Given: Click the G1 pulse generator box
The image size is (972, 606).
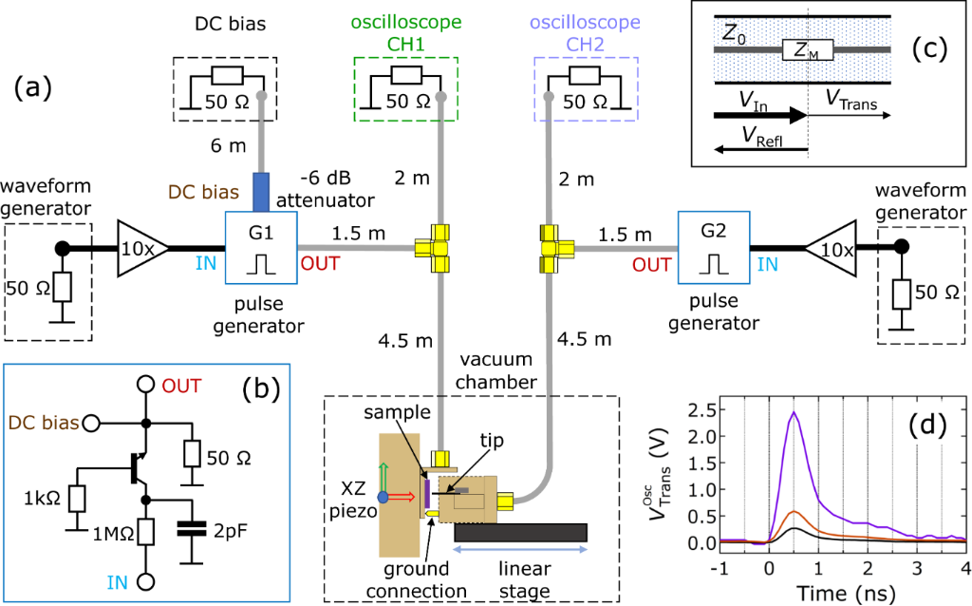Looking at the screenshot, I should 260,248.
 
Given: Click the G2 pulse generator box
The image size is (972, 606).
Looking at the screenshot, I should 713,248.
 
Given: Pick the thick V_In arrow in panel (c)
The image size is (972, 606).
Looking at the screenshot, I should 759,114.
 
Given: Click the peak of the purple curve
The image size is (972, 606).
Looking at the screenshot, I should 794,413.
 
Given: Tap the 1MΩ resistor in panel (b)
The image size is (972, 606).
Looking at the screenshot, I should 145,528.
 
